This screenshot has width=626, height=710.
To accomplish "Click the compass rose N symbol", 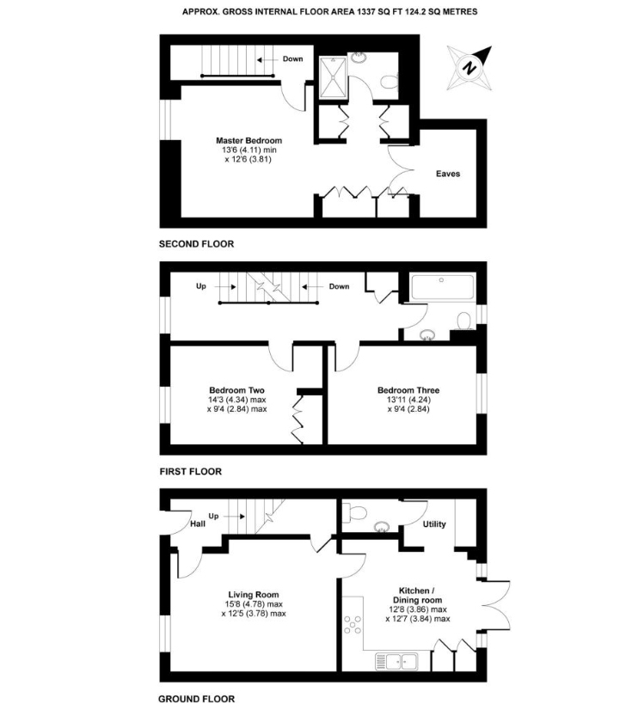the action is click(x=469, y=68).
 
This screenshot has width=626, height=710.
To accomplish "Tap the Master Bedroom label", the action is click(x=249, y=140).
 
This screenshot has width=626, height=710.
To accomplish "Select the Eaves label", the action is click(x=448, y=174).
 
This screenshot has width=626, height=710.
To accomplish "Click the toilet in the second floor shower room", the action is click(x=389, y=82).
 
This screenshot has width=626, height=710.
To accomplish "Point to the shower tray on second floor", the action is click(x=333, y=77).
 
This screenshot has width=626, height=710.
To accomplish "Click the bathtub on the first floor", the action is click(x=443, y=287).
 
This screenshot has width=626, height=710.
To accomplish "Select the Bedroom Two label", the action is click(x=236, y=390).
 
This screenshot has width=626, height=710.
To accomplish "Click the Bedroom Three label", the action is click(x=408, y=390).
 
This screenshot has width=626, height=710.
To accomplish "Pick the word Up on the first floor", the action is click(x=200, y=285).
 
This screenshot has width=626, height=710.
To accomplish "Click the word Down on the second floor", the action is click(x=292, y=58).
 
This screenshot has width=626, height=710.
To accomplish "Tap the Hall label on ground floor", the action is click(x=198, y=523).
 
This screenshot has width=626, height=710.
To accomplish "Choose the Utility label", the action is click(x=434, y=523).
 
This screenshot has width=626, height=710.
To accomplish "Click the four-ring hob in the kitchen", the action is click(x=352, y=624).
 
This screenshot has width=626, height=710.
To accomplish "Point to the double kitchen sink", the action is click(x=396, y=662).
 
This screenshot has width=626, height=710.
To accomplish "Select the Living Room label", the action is click(x=253, y=595).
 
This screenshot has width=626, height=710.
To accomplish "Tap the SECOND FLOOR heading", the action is click(x=196, y=244).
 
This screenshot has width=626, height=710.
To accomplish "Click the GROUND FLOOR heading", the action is click(x=196, y=699).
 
